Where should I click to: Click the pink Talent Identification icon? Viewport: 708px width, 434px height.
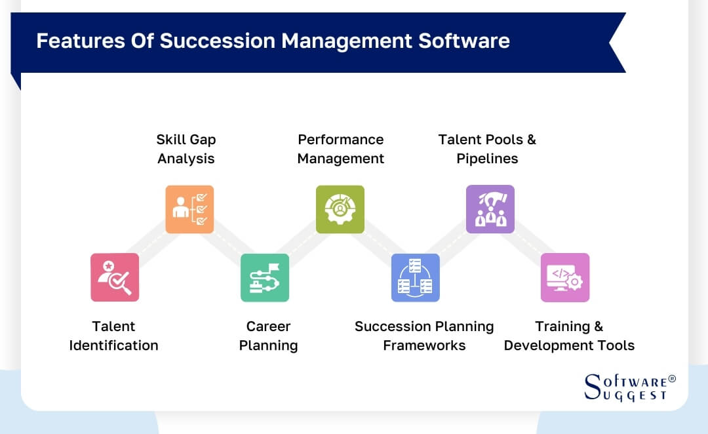115,277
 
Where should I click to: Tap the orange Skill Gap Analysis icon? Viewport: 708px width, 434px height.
189,209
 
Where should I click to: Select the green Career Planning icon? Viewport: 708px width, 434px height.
265,277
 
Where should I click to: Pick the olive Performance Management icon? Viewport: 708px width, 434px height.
340,209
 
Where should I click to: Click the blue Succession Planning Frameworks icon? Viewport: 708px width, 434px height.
416,277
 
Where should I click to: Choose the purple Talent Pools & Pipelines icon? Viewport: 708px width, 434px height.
490,209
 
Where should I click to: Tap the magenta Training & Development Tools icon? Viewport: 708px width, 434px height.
565,277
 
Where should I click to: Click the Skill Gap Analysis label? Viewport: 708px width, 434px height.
186,149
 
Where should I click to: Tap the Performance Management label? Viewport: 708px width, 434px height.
340,149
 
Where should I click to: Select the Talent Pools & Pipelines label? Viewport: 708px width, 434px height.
487,149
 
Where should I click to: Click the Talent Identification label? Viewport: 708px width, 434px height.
114,336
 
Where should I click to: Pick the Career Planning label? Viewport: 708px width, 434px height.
268,336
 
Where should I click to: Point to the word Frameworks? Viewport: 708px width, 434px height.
424,345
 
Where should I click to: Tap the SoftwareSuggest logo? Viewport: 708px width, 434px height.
628,387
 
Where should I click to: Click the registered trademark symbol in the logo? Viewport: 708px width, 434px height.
671,380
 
